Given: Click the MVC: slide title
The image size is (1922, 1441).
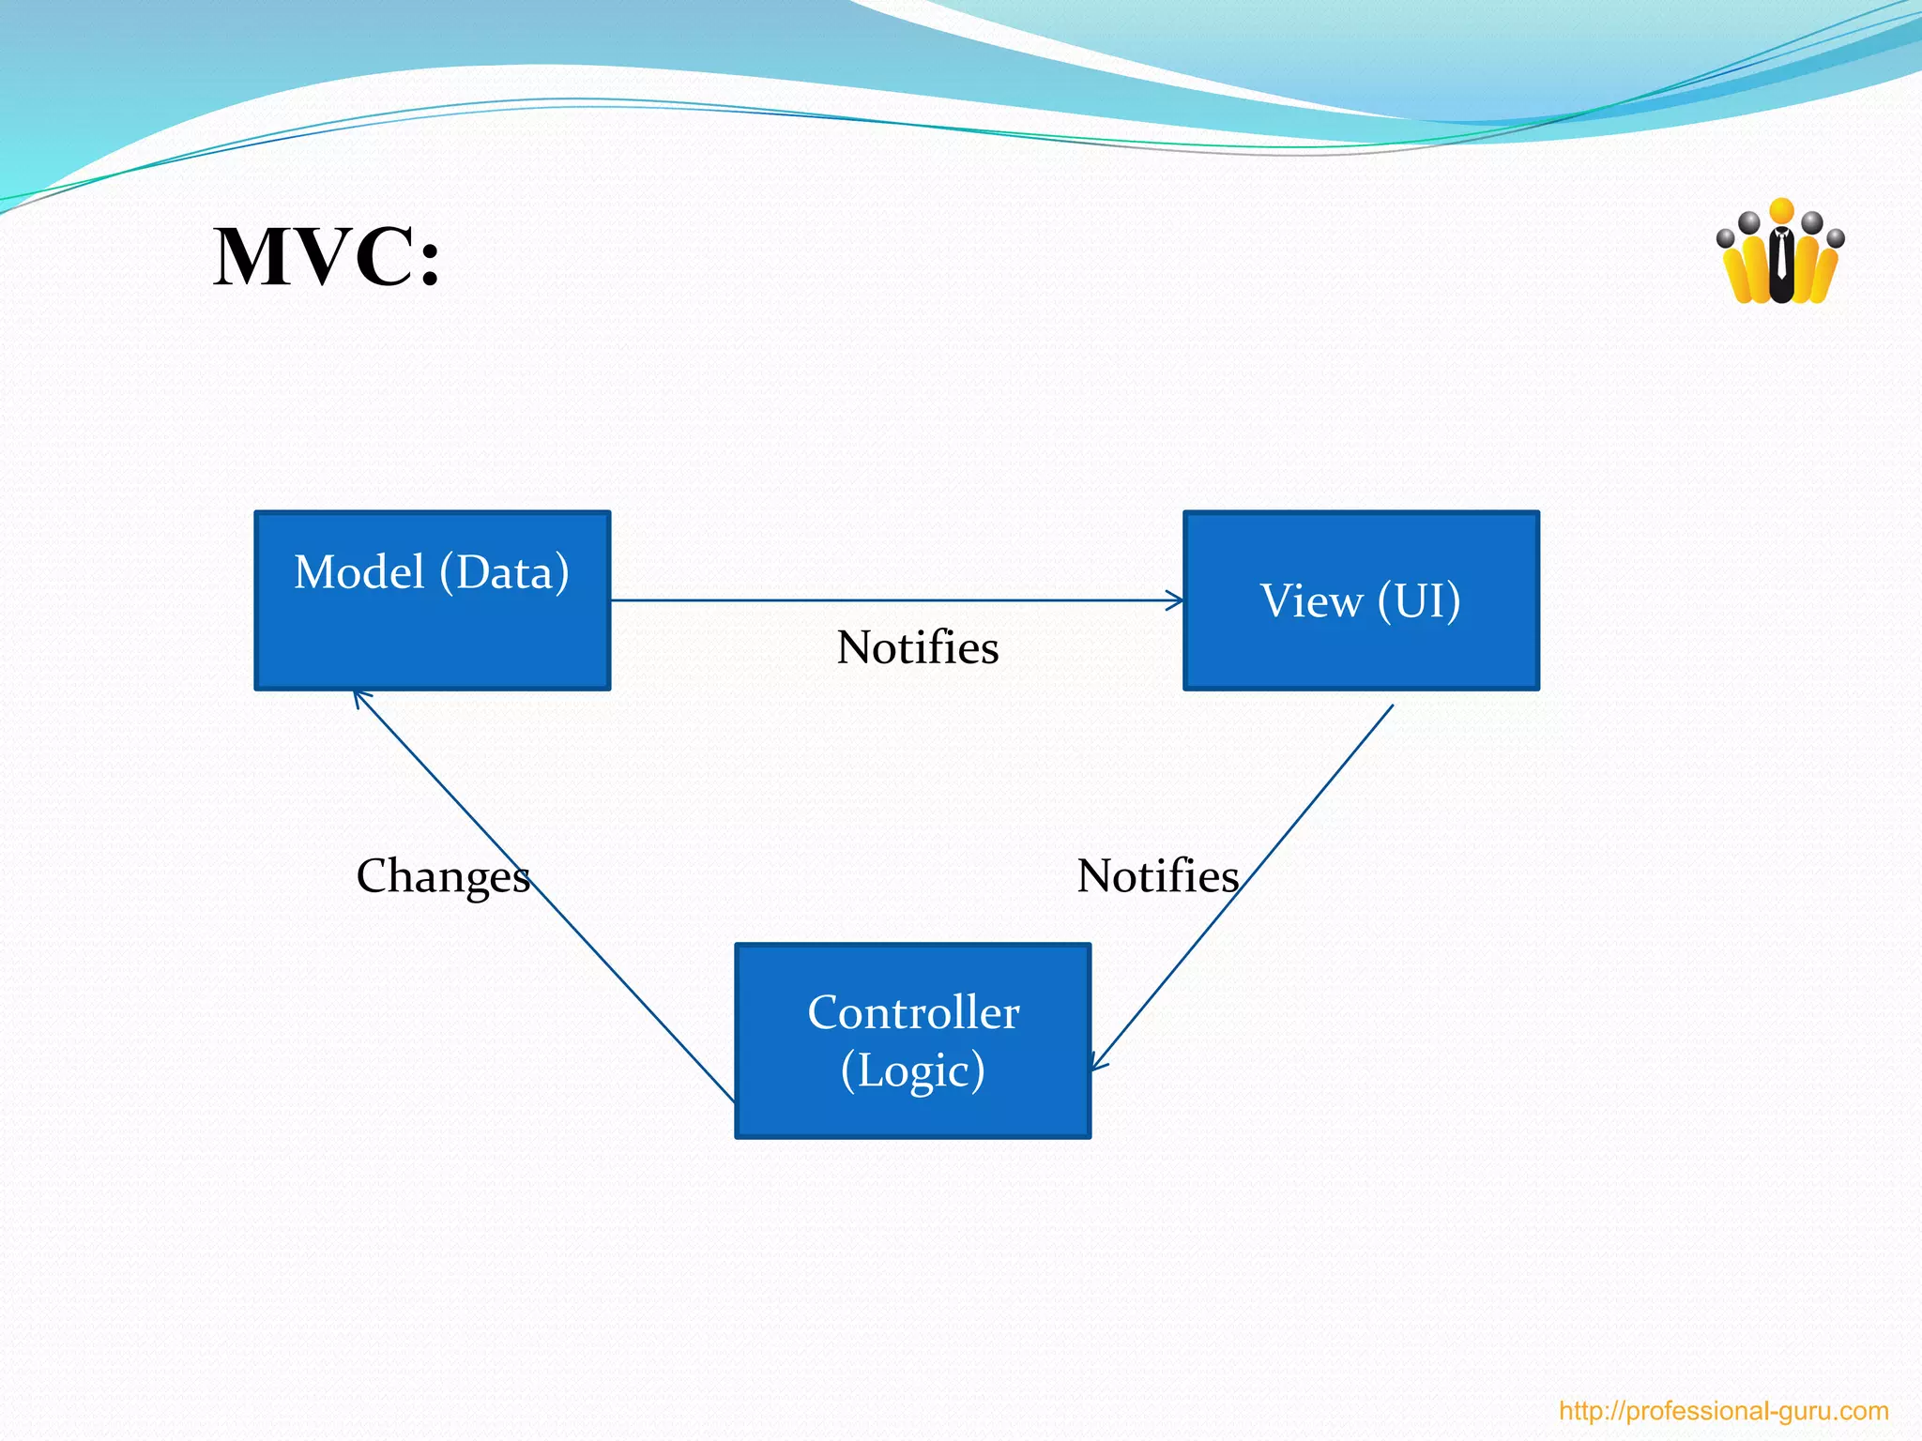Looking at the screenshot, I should coord(327,257).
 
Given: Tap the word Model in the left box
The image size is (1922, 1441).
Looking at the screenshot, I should coord(359,572).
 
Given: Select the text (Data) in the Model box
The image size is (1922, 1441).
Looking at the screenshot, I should coord(505,572).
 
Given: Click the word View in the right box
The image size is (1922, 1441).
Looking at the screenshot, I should coord(1311,601).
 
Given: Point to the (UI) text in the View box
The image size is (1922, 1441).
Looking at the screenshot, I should coord(1419,601).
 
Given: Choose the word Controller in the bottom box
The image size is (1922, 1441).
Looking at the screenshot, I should coord(913,1013).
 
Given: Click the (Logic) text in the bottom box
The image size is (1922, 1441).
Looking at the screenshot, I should coord(913,1071).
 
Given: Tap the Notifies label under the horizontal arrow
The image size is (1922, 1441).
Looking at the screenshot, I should coord(917,648).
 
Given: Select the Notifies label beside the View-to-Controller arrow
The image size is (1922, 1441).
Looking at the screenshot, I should coord(1157,876).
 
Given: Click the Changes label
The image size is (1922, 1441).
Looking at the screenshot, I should coord(443,876).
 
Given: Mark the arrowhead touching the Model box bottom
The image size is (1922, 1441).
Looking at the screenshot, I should coord(360,698).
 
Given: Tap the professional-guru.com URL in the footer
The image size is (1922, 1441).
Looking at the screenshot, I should coord(1723,1411).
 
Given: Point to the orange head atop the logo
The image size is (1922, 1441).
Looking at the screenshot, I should coord(1781,211).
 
